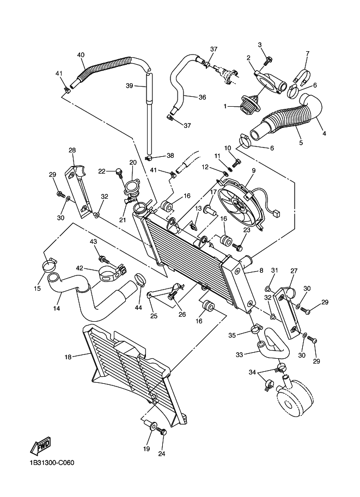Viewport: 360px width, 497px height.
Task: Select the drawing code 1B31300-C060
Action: (x=52, y=463)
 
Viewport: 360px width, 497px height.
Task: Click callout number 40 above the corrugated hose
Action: (x=81, y=55)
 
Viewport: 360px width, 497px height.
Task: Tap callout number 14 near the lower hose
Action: (x=56, y=309)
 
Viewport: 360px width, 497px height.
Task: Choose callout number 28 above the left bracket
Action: (x=72, y=150)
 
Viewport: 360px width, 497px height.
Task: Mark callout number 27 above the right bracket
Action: (x=294, y=270)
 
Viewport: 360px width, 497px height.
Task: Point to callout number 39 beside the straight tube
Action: (x=129, y=85)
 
